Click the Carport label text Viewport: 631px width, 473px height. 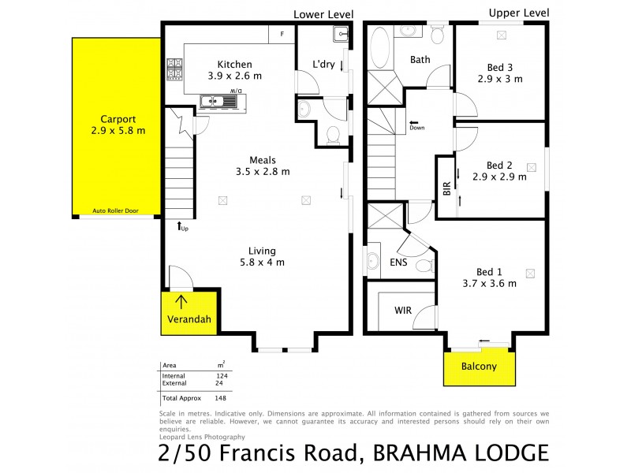click(118, 119)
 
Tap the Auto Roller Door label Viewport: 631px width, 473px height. click(121, 211)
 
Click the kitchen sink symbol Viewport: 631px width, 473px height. click(212, 100)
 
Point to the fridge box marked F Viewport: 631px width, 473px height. click(282, 34)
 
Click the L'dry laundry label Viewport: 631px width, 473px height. click(324, 65)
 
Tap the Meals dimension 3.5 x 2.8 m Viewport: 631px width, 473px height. click(263, 171)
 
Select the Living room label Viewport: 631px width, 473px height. click(263, 250)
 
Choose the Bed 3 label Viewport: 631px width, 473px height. click(499, 67)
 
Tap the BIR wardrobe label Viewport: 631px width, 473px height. click(447, 188)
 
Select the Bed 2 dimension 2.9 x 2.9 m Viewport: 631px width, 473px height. click(499, 177)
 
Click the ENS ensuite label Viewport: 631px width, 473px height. click(398, 263)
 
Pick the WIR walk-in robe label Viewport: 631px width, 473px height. click(402, 311)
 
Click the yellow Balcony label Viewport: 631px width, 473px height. click(480, 367)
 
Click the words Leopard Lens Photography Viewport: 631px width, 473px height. click(202, 437)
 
